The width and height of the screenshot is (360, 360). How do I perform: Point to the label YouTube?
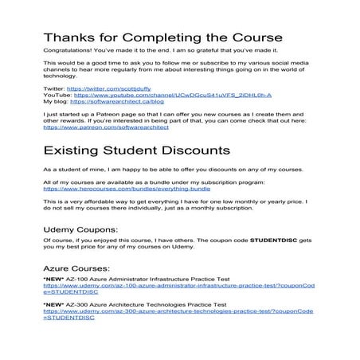click(57, 95)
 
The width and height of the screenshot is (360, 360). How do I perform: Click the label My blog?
click(56, 101)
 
